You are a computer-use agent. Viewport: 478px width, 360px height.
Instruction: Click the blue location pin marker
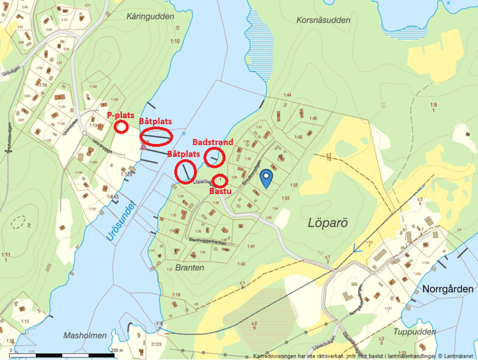(x=266, y=179)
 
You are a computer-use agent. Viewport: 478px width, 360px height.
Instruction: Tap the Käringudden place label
(x=150, y=17)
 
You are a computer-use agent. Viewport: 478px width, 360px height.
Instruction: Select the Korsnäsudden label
(x=323, y=20)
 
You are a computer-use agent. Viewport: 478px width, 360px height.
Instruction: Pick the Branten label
(x=189, y=268)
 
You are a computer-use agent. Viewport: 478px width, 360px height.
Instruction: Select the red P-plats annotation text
(x=121, y=115)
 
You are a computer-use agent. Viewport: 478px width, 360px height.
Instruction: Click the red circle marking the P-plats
(x=121, y=127)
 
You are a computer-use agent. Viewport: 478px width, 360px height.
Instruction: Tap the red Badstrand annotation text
(x=213, y=142)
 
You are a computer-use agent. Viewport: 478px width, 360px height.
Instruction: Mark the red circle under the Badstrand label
(x=214, y=156)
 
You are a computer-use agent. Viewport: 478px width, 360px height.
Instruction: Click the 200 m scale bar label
(x=117, y=350)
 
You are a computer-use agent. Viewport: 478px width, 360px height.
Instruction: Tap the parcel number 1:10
(x=175, y=41)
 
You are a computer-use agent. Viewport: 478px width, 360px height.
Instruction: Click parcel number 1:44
(x=287, y=94)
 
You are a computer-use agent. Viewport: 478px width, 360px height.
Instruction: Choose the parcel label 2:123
(x=156, y=345)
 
